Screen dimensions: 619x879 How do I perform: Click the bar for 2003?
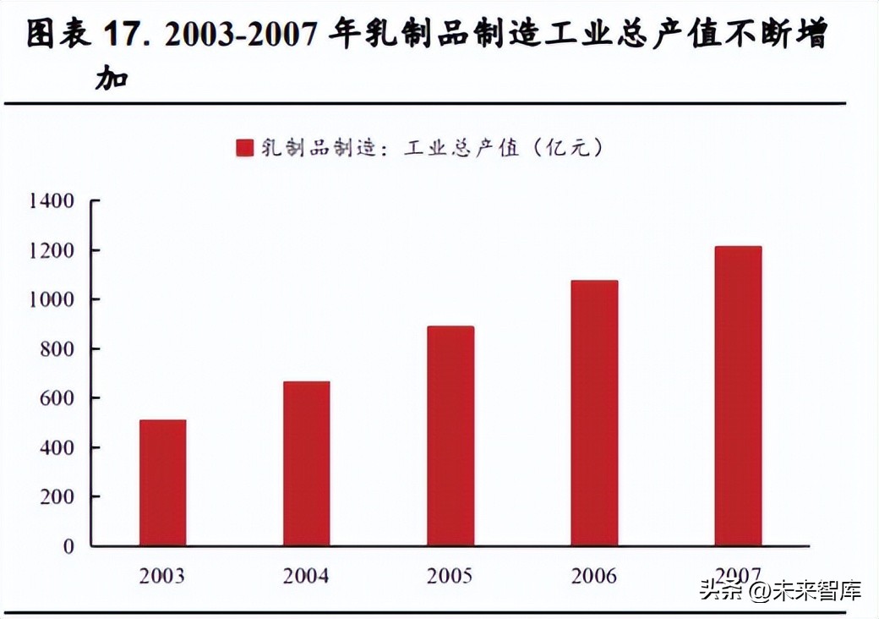pos(162,483)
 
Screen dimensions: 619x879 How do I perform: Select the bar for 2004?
pos(306,463)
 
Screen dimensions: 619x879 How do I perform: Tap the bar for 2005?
pos(450,436)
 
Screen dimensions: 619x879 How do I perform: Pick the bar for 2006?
pos(593,414)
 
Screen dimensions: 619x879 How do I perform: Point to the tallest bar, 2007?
pos(737,396)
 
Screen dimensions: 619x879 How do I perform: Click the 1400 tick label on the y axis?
pos(52,201)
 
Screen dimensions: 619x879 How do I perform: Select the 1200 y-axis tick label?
pos(52,250)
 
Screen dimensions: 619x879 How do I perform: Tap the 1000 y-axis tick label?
pos(52,299)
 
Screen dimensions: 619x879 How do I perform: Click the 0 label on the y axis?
pos(68,546)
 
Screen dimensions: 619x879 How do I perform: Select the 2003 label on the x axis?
pos(162,577)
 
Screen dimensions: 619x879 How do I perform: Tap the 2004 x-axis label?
pos(306,577)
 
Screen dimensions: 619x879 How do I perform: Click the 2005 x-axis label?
pos(450,577)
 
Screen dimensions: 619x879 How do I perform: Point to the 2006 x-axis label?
pos(593,577)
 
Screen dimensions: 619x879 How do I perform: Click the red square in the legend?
pos(244,148)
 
